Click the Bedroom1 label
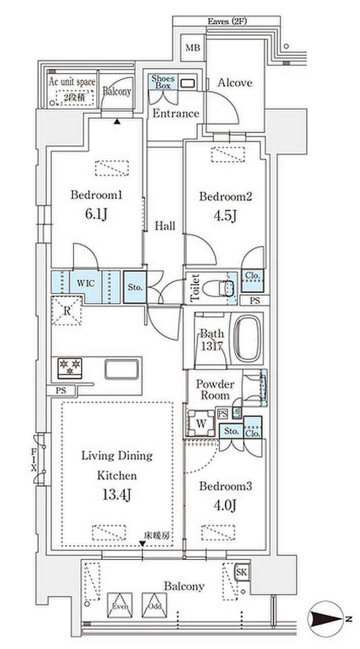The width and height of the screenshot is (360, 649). [98, 196]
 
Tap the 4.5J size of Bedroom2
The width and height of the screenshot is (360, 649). [225, 216]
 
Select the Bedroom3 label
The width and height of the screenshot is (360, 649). [225, 486]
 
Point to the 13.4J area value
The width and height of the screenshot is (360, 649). [117, 495]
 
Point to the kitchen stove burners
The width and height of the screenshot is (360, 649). [70, 367]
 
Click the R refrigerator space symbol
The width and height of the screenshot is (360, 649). [66, 311]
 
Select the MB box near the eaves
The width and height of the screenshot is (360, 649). [193, 48]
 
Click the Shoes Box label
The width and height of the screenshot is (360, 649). [164, 82]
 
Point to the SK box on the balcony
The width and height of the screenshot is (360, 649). [242, 572]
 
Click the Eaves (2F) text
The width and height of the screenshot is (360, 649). [226, 21]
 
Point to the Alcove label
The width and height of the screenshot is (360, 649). [235, 82]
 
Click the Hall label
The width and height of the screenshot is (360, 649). [165, 226]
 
